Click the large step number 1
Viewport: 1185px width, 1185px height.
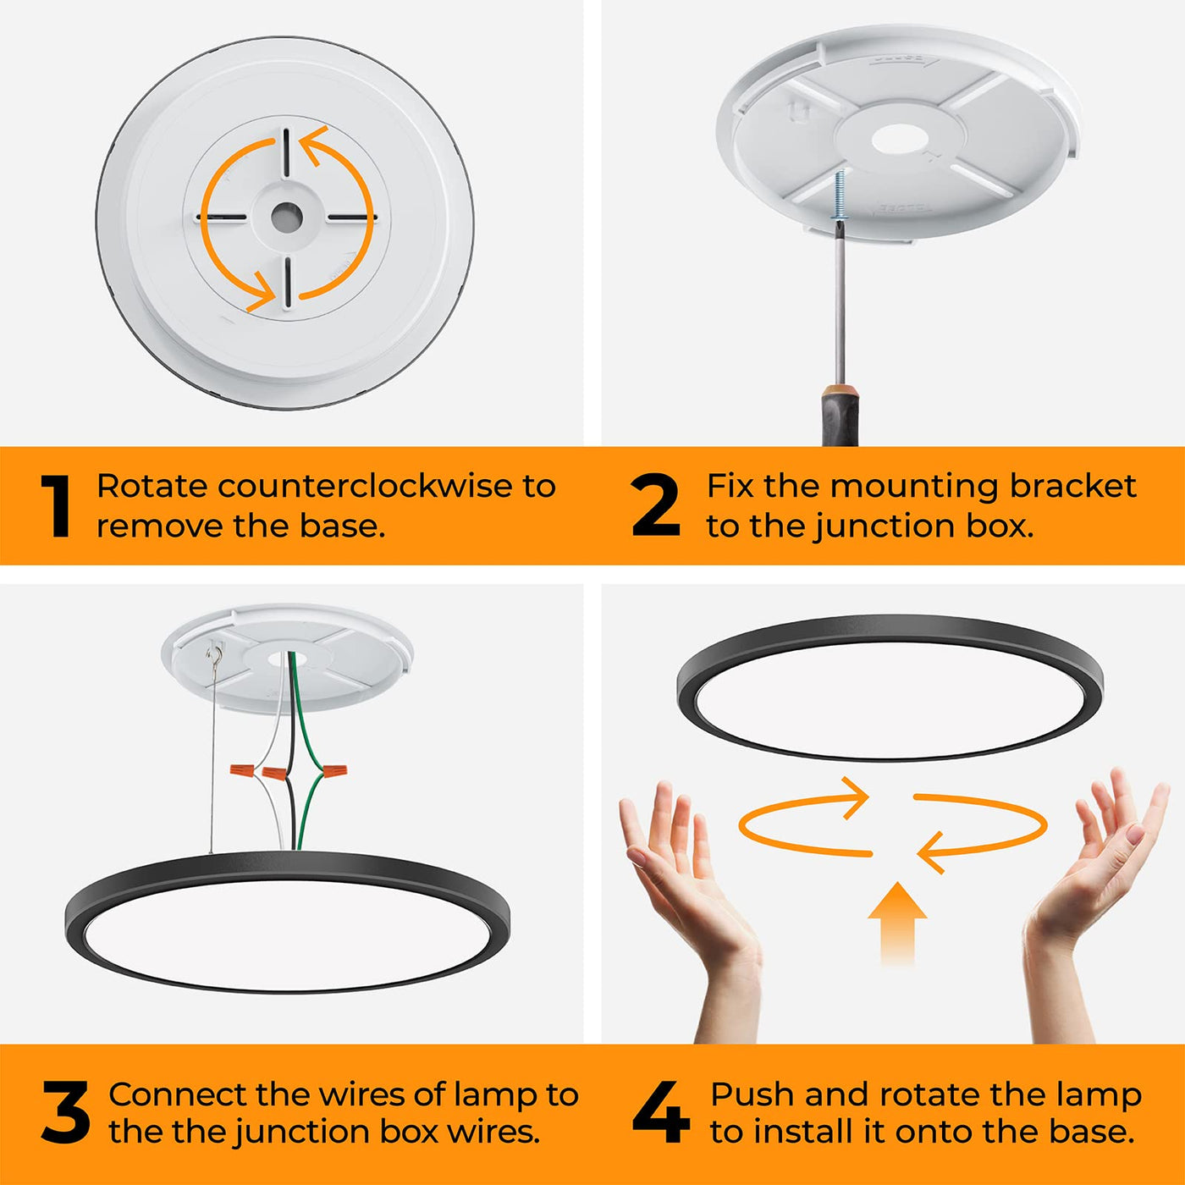click(x=56, y=505)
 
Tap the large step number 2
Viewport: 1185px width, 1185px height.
click(x=656, y=505)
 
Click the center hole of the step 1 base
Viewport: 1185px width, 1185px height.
click(x=287, y=218)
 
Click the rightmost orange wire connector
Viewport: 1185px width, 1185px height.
click(x=333, y=770)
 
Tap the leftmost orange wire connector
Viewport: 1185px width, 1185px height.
click(x=242, y=769)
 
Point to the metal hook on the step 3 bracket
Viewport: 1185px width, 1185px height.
click(x=215, y=651)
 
